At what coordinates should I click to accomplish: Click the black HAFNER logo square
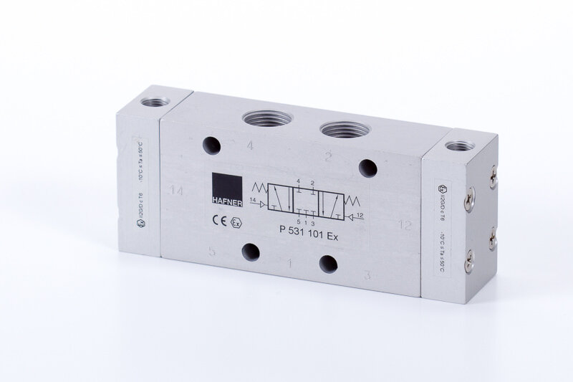pyautogui.click(x=223, y=188)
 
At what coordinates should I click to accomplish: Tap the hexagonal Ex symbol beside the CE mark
pyautogui.click(x=234, y=221)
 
